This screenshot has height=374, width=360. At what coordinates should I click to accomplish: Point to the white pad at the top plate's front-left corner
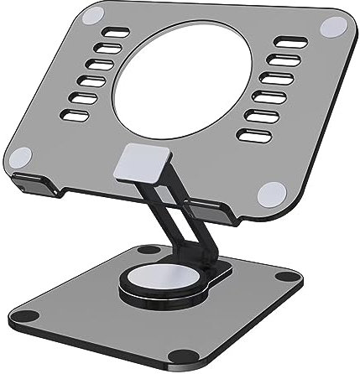[22, 156]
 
